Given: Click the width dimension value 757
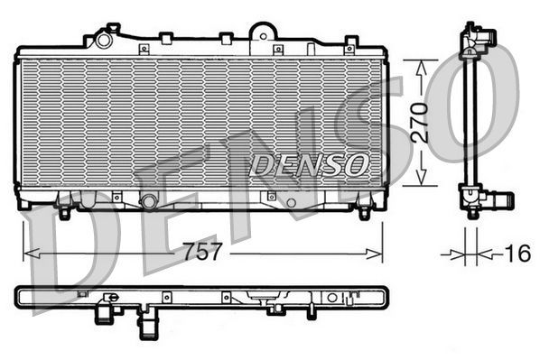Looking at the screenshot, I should [202, 254].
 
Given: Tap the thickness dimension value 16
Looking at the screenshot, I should [517, 254].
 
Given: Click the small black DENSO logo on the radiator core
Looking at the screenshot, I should [309, 164].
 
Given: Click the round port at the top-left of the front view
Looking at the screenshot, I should [104, 40].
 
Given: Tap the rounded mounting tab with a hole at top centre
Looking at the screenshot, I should [262, 33].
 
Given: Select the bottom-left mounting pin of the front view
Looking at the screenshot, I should [64, 213].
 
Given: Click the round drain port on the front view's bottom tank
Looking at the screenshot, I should [149, 200].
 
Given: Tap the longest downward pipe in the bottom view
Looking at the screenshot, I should [144, 323].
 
